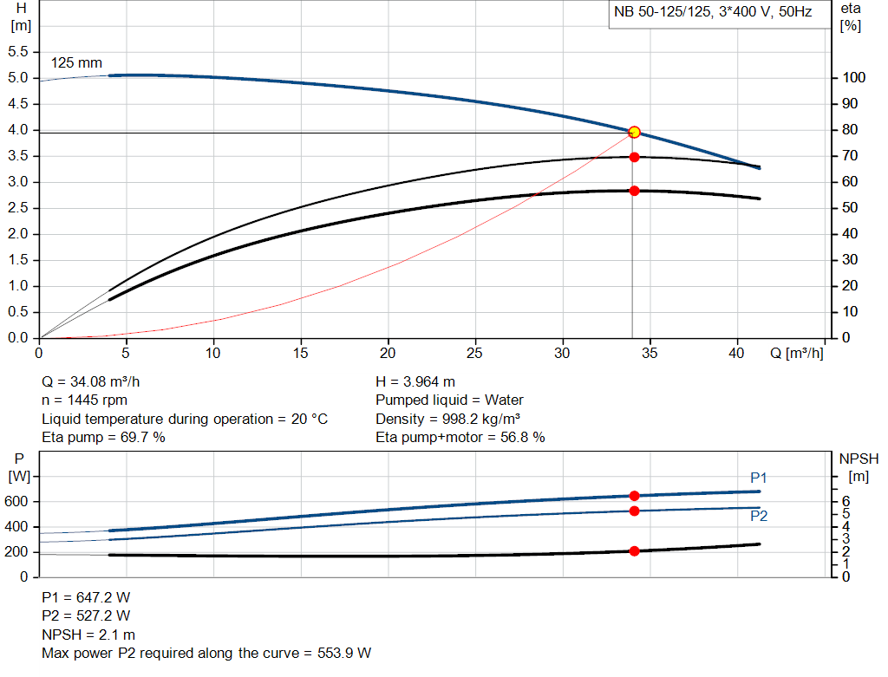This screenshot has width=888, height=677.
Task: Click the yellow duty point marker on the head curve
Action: (x=634, y=132)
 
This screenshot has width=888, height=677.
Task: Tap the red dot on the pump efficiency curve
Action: (x=634, y=157)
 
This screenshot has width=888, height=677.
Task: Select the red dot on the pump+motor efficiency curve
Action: (x=634, y=191)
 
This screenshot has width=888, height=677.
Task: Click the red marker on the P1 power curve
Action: (x=634, y=496)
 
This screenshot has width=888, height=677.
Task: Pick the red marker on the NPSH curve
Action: (x=634, y=551)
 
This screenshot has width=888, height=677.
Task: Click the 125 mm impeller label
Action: (x=76, y=63)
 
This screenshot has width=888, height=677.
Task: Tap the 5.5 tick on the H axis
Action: (x=17, y=52)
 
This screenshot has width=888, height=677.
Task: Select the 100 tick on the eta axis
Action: (x=851, y=78)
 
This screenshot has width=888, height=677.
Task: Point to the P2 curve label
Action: (x=759, y=516)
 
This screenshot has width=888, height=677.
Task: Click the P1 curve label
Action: (x=759, y=478)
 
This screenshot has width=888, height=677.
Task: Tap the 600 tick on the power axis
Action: (x=18, y=502)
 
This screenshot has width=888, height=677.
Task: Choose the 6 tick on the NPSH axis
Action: (x=845, y=501)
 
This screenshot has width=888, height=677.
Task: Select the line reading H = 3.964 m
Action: (x=415, y=381)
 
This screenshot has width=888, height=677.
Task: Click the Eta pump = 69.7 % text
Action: (x=104, y=437)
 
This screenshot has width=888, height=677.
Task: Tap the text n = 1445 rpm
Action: (x=85, y=400)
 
